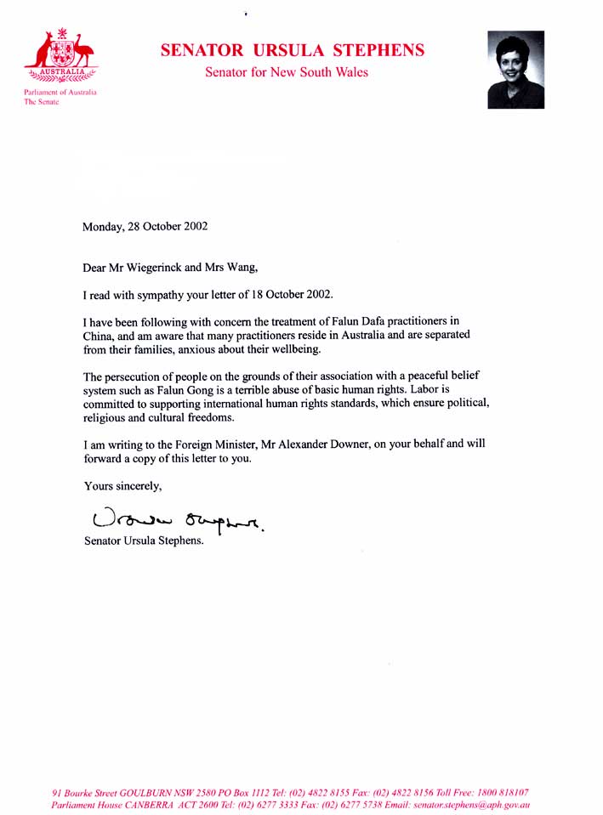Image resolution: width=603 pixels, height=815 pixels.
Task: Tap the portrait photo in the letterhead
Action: (x=515, y=70)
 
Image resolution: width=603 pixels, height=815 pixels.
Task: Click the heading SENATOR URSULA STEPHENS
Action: (x=293, y=50)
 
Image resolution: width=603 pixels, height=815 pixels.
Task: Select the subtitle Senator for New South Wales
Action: (x=287, y=73)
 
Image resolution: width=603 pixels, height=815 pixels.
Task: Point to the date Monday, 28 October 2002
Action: (x=145, y=227)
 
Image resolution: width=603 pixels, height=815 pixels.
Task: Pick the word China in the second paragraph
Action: (x=98, y=335)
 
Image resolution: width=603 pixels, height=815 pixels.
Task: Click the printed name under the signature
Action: (x=145, y=542)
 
